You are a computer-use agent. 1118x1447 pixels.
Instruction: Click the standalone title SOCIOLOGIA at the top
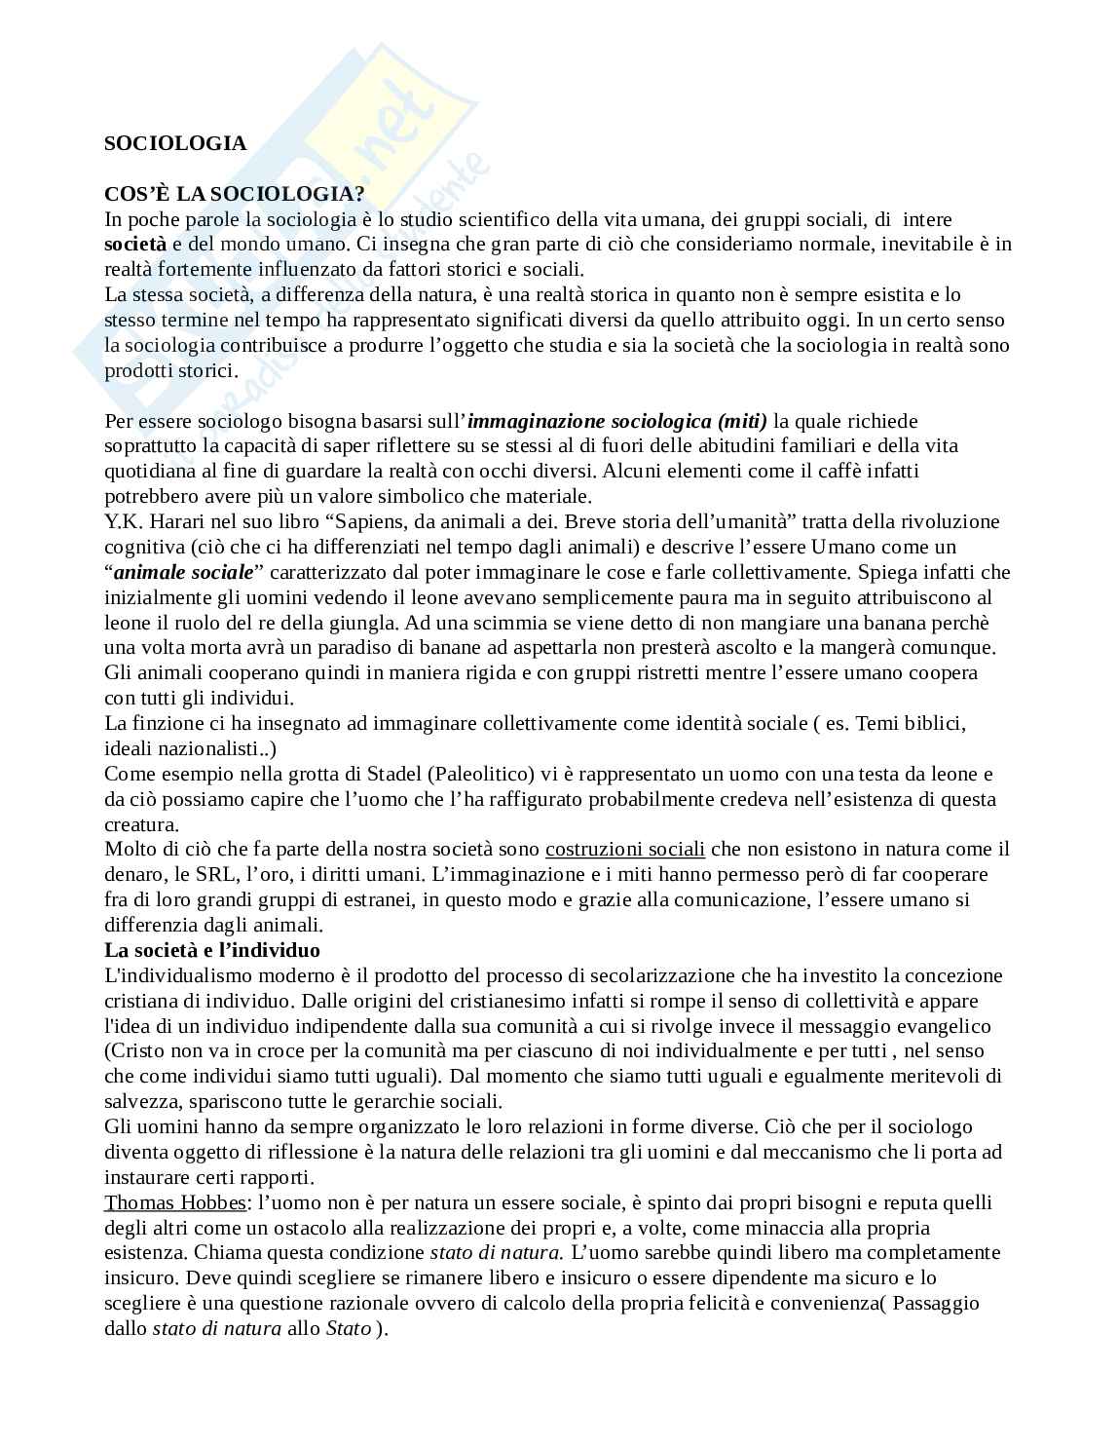[175, 143]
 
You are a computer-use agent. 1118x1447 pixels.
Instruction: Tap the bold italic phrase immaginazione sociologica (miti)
[617, 421]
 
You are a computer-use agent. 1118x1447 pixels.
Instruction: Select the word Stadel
[400, 774]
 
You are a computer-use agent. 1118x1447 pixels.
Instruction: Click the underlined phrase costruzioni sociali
[624, 849]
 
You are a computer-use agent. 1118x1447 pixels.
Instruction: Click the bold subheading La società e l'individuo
[212, 950]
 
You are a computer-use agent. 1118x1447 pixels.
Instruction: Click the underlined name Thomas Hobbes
[175, 1202]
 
